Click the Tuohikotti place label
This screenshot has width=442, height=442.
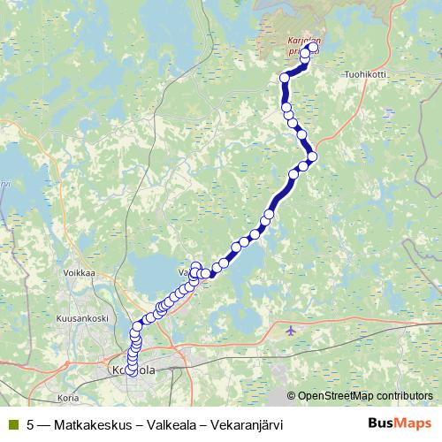point(366,75)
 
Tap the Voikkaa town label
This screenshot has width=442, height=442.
point(79,273)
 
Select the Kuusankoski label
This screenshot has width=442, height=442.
point(81,317)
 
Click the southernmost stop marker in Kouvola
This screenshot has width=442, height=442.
point(132,372)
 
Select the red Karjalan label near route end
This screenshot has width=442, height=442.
point(303,40)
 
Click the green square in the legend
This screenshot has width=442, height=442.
point(12,424)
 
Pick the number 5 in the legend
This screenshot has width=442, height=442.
point(31,424)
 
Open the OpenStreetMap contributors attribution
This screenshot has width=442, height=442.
point(365,395)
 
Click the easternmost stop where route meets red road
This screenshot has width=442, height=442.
point(312,156)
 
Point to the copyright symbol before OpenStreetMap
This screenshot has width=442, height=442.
point(292,395)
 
